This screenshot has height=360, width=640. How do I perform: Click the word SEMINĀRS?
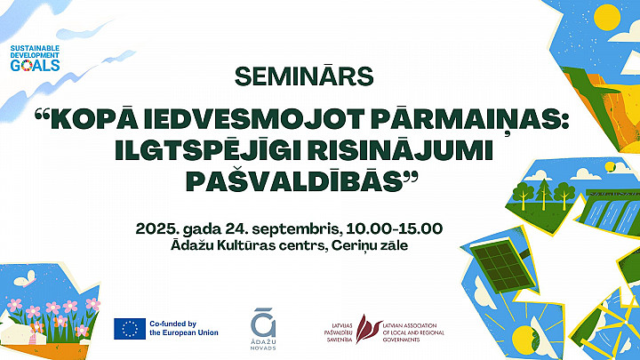pyautogui.click(x=304, y=76)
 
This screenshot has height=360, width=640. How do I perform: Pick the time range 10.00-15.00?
pyautogui.click(x=395, y=228)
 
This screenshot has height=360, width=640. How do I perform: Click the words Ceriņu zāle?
pyautogui.click(x=370, y=245)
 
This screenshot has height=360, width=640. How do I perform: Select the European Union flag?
pyautogui.click(x=130, y=329)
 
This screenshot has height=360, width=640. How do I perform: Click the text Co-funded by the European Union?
pyautogui.click(x=184, y=328)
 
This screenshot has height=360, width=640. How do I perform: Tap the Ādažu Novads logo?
pyautogui.click(x=263, y=329)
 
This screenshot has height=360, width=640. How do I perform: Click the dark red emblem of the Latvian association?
pyautogui.click(x=368, y=328)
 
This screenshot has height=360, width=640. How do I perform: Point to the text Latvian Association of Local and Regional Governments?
pyautogui.click(x=413, y=332)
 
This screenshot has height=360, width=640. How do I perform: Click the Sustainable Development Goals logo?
pyautogui.click(x=35, y=59)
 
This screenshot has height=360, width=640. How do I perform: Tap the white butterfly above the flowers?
pyautogui.click(x=25, y=279)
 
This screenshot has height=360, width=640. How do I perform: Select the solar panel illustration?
pyautogui.click(x=502, y=266)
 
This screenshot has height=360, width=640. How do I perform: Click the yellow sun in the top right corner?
pyautogui.click(x=607, y=18)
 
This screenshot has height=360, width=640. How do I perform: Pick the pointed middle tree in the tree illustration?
pyautogui.click(x=544, y=194)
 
